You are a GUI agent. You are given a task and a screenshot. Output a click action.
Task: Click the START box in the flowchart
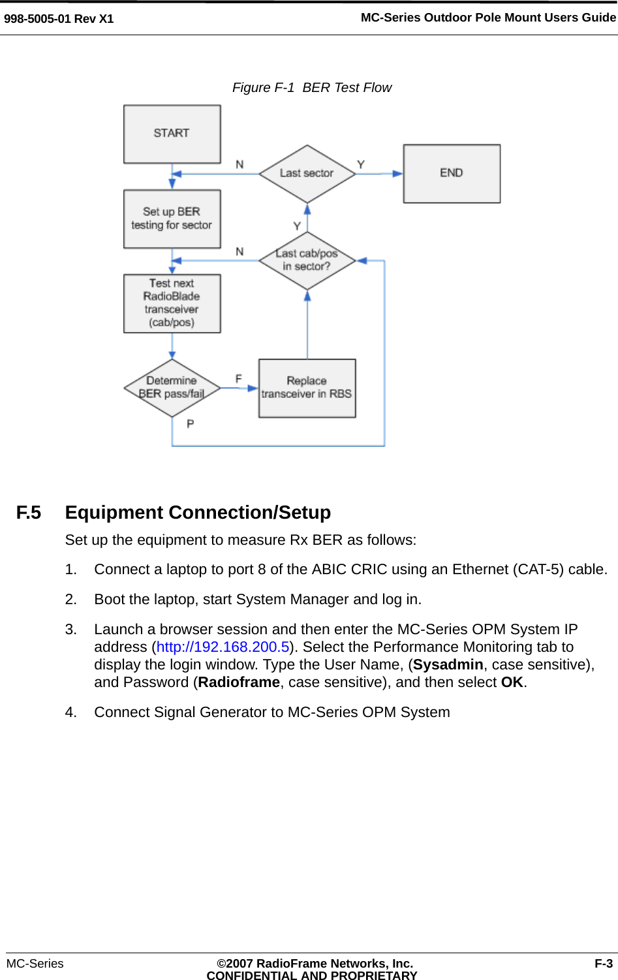click(x=172, y=134)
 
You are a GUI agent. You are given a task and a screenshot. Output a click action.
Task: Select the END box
click(x=452, y=174)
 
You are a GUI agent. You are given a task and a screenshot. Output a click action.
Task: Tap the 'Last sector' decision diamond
click(x=307, y=174)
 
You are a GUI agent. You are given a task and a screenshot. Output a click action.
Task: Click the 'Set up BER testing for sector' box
click(x=172, y=219)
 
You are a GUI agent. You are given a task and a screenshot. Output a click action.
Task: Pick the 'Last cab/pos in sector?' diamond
click(x=307, y=260)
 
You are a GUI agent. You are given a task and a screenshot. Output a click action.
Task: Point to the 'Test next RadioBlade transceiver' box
click(x=172, y=303)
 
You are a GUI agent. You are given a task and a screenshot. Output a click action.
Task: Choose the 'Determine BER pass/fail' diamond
click(x=172, y=388)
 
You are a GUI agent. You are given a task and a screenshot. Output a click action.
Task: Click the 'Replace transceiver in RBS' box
click(x=307, y=388)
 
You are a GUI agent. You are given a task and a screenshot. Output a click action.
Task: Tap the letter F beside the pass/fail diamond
click(x=239, y=379)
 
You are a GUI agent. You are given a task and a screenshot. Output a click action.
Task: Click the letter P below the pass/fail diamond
click(x=191, y=424)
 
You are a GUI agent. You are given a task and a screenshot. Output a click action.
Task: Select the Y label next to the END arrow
click(x=361, y=165)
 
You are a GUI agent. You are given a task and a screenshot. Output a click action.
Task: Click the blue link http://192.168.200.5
click(x=223, y=647)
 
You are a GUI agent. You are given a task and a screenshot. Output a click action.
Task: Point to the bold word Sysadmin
click(x=448, y=665)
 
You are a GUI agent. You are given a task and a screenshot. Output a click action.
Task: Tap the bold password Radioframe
click(x=239, y=682)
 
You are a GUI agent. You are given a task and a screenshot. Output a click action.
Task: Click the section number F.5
click(x=29, y=513)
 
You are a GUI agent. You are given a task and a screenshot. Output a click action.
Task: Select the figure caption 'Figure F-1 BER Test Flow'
click(x=312, y=88)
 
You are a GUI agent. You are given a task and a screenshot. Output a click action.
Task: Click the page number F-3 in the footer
click(x=603, y=964)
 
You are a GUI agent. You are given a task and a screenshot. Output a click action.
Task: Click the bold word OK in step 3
click(x=512, y=682)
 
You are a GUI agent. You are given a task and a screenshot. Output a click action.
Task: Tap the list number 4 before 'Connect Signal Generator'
click(x=70, y=712)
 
